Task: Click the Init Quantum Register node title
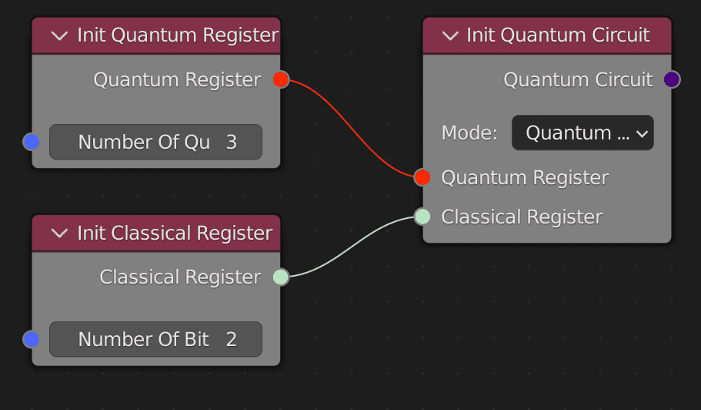177,35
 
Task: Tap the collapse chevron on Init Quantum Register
58,35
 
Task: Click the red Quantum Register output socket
281,79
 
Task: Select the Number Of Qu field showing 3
155,142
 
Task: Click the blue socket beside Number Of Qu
31,142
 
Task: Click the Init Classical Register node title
175,233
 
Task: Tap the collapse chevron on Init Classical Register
58,233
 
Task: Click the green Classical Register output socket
281,277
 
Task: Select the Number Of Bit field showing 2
155,339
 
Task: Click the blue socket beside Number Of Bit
31,339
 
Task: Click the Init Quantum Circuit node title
558,35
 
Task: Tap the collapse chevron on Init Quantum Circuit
451,35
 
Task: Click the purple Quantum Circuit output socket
672,79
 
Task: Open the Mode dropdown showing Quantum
582,133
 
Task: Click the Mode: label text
469,133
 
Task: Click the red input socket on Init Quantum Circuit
422,177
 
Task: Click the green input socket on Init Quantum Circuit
422,217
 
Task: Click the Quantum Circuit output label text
578,79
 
